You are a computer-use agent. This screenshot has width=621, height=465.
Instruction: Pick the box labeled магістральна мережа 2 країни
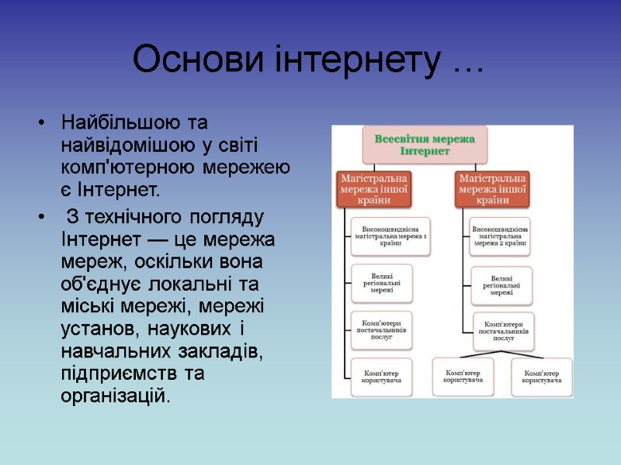[501, 236]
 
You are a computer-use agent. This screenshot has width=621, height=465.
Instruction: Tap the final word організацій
[113, 397]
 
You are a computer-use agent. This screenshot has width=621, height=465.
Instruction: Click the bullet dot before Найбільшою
[41, 124]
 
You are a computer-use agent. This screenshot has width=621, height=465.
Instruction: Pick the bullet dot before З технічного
[41, 215]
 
